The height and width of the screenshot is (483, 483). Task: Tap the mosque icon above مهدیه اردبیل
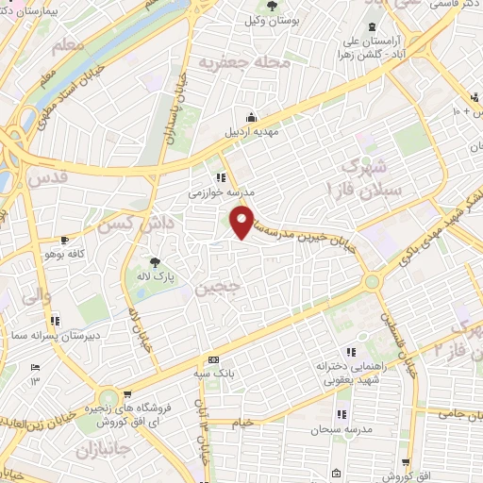pyautogui.click(x=251, y=117)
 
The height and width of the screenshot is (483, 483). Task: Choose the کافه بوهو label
pyautogui.click(x=64, y=254)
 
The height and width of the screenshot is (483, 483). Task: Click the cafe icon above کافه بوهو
pyautogui.click(x=64, y=241)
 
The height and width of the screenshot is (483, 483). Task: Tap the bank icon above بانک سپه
pyautogui.click(x=213, y=359)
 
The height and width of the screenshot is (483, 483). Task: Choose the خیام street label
pyautogui.click(x=243, y=424)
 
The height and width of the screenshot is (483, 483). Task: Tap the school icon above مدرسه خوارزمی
pyautogui.click(x=221, y=175)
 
